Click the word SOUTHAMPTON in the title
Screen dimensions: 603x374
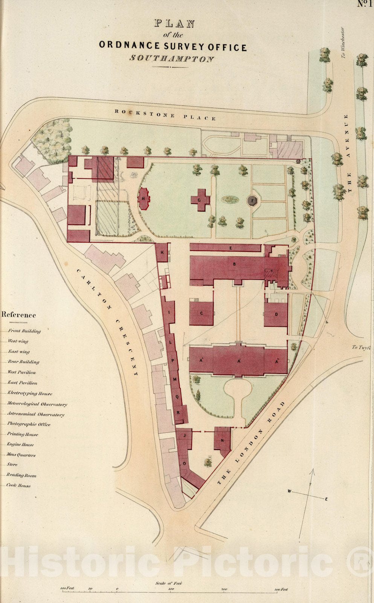[172, 59]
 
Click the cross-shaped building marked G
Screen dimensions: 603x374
[200, 199]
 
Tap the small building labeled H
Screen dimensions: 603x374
[144, 199]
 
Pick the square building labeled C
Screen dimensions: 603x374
[202, 313]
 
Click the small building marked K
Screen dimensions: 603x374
[162, 253]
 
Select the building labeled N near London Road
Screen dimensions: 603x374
[222, 439]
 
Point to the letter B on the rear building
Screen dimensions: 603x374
[234, 264]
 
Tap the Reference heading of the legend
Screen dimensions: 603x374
[19, 315]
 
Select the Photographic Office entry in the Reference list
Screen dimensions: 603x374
[29, 424]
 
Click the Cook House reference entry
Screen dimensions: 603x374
[19, 485]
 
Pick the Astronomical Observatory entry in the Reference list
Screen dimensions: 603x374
[36, 414]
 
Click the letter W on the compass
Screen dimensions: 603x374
[289, 491]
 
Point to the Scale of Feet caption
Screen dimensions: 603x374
[168, 583]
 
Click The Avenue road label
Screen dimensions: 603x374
[348, 154]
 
